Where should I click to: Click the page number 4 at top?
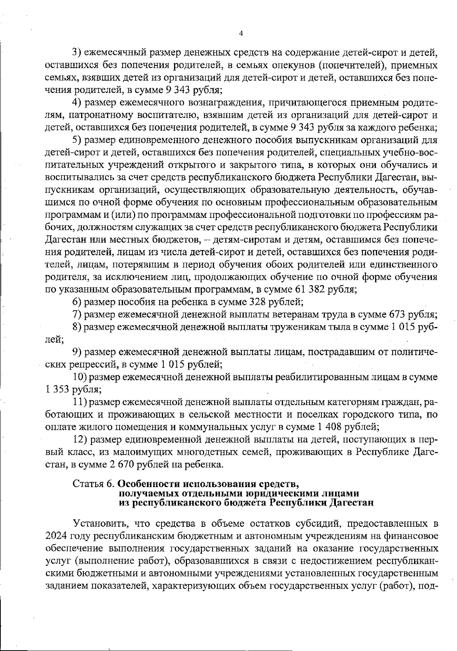[x=240, y=33]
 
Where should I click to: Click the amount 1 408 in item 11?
[x=328, y=427]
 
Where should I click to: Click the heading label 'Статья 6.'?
[x=94, y=484]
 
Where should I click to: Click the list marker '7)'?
[x=77, y=315]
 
